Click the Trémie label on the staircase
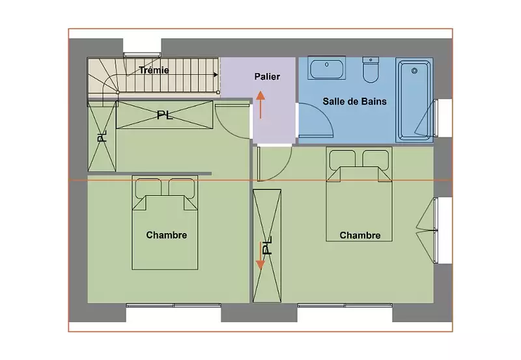154,70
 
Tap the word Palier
267,76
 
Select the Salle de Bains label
354,102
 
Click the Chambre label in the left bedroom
167,235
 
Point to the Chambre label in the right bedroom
360,235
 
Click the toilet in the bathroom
371,70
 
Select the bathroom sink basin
327,68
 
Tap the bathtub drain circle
414,71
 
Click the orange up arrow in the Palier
260,105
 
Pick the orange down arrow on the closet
260,256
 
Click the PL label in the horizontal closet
165,115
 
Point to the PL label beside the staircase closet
102,136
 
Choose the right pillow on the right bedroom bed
376,160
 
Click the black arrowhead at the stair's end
216,75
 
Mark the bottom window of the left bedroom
173,305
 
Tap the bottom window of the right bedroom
345,305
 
